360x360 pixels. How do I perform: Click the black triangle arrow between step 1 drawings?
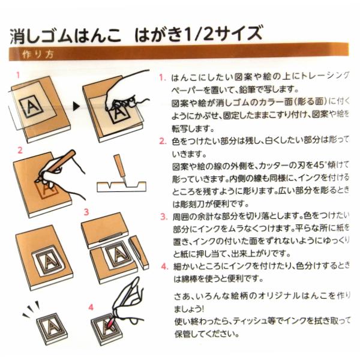(76, 107)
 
